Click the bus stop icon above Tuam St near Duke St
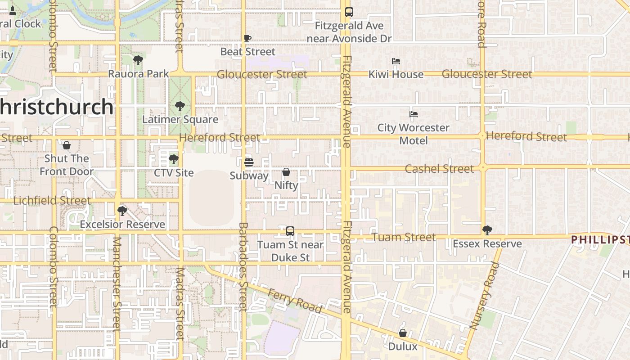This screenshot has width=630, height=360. [x=290, y=231]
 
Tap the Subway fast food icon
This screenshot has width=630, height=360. [x=249, y=162]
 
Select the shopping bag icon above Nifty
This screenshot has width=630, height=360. [x=286, y=172]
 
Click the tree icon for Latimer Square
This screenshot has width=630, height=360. [x=180, y=106]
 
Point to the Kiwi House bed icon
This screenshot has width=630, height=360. [x=396, y=61]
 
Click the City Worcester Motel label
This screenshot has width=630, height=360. [x=413, y=134]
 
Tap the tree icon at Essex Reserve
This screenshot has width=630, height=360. [x=487, y=230]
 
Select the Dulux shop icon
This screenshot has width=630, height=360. [x=403, y=333]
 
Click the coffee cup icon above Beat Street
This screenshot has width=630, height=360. [x=247, y=39]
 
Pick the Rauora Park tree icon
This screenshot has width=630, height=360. [x=138, y=60]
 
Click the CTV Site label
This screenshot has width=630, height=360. [x=174, y=173]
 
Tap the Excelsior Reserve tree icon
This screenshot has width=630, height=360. [x=122, y=211]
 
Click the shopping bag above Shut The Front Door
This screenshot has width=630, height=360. [x=67, y=145]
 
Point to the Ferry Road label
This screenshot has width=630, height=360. [x=295, y=301]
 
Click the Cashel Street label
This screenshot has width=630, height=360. [x=439, y=169]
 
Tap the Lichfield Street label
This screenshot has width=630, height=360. [x=52, y=201]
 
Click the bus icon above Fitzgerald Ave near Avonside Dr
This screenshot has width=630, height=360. [x=349, y=12]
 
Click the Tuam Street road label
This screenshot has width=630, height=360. [x=404, y=237]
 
